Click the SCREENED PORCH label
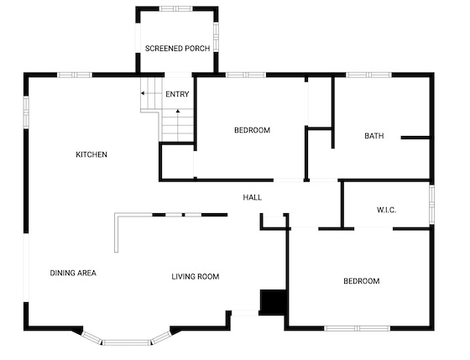pos(177,49)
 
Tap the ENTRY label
pos(177,94)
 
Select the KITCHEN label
pos(91,154)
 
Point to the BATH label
pos(374,136)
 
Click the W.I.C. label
pos(386,210)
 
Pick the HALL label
pos(252,197)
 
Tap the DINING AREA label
pos(73,273)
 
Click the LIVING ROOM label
pos(196,276)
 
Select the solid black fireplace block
pos(273,302)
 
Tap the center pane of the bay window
pos(126,342)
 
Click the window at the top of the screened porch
pos(175,8)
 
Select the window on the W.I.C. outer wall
pos(431,205)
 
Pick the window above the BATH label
pos(368,75)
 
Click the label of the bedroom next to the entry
pos(252,130)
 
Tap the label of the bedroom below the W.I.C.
pos(362,281)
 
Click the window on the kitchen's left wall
pos(26,112)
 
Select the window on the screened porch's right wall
pos(216,37)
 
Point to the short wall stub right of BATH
pos(415,138)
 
